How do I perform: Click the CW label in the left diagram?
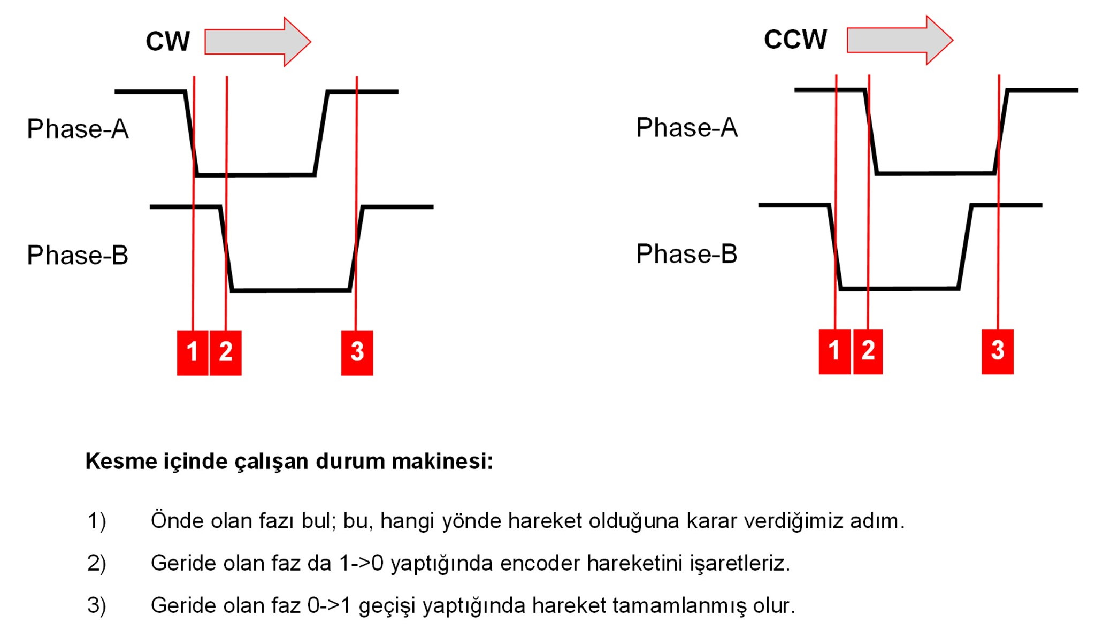click(x=167, y=42)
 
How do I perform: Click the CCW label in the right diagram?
click(x=795, y=40)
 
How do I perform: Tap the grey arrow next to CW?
click(x=257, y=42)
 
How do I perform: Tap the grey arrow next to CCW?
click(x=899, y=40)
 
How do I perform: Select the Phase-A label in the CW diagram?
click(x=78, y=129)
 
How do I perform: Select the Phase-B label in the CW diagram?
click(x=78, y=255)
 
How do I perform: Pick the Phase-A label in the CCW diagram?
click(x=686, y=128)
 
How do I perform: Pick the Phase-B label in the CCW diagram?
click(x=686, y=254)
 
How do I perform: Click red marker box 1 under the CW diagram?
click(x=193, y=352)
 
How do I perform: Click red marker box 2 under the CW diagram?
click(x=226, y=352)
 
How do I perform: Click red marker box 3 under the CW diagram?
click(x=357, y=352)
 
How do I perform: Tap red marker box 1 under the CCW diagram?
click(x=834, y=351)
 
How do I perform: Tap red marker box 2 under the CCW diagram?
click(x=868, y=351)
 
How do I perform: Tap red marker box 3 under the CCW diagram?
click(x=997, y=351)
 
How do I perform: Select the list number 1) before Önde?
click(x=97, y=521)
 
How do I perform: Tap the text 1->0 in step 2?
click(x=362, y=563)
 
